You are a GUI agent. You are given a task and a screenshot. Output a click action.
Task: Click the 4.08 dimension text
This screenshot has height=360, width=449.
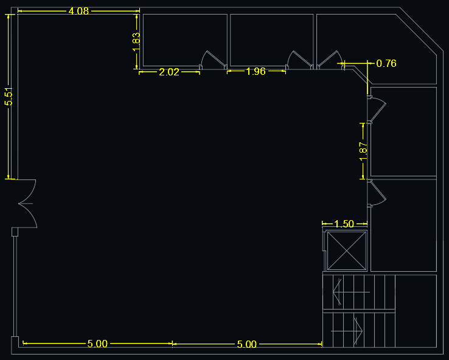click(78, 11)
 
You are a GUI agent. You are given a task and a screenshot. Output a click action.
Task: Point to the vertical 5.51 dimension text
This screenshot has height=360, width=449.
click(9, 97)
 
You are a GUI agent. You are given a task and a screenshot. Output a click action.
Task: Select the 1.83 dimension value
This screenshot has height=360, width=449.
click(137, 42)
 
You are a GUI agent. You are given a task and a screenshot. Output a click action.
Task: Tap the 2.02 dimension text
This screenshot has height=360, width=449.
click(169, 72)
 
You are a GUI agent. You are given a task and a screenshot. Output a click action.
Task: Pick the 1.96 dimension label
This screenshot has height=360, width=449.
click(256, 71)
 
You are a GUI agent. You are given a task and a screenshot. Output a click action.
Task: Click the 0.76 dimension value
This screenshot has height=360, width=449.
click(386, 63)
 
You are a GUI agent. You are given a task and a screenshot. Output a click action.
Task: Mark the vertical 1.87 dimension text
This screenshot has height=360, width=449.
click(363, 151)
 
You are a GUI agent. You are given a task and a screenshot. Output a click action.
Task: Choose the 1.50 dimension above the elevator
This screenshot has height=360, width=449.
click(344, 224)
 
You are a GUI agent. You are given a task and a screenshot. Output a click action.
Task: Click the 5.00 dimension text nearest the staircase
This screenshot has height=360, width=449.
click(247, 344)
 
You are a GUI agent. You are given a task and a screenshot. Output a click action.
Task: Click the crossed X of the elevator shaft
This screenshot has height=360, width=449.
click(347, 251)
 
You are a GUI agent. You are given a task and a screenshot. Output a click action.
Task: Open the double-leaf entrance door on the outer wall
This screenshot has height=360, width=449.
click(27, 204)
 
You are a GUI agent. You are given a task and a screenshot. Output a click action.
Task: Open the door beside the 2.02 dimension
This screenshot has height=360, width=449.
click(213, 60)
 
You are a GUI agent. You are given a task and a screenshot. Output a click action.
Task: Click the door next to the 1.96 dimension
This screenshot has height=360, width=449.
click(299, 60)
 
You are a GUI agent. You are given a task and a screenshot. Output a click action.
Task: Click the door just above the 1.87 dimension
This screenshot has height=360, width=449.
click(377, 109)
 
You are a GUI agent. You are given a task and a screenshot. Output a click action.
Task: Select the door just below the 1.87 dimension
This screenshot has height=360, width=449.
click(377, 193)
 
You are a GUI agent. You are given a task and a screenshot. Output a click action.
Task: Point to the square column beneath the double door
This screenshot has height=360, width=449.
click(15, 232)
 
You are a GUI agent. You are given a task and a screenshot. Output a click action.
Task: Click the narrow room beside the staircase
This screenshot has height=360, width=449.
click(416, 311)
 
